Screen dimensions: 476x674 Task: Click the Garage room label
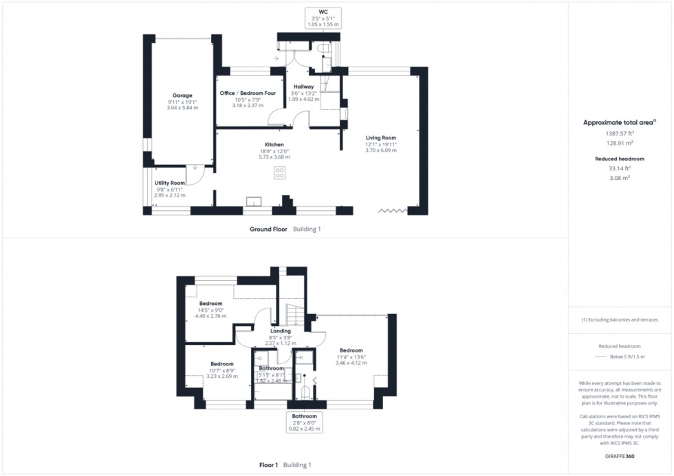point(182,95)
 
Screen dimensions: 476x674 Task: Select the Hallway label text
point(303,87)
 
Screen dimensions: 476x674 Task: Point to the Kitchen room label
point(274,145)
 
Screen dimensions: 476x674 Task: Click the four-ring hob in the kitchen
point(280,172)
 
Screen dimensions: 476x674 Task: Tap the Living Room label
point(380,137)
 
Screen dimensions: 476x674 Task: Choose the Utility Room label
point(170,183)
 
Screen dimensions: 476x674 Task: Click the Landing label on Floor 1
point(281,331)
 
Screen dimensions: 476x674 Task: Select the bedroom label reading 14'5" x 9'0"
point(211,304)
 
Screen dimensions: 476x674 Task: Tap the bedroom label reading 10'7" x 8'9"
point(222,364)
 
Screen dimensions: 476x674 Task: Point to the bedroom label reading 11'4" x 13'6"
point(350,350)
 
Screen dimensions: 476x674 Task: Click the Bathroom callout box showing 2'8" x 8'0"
point(304,422)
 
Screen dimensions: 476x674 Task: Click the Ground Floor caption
point(268,229)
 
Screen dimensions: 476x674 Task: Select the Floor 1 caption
point(268,465)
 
